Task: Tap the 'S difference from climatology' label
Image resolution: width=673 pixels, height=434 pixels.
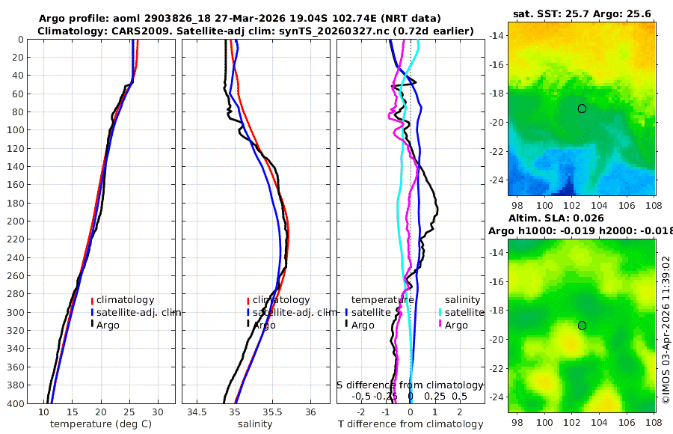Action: (x=410, y=384)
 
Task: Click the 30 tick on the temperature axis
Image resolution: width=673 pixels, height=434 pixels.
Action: (x=158, y=412)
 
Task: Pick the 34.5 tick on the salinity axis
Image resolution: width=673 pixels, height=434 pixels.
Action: (x=197, y=412)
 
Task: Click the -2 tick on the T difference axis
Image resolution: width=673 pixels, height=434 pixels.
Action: (x=361, y=412)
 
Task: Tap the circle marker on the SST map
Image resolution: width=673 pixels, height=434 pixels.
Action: (x=582, y=109)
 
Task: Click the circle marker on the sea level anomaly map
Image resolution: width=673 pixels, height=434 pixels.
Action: (x=582, y=325)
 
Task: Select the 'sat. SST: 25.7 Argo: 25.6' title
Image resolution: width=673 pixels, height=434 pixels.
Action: (x=583, y=15)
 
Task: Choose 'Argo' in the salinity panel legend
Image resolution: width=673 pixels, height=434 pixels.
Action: (x=263, y=325)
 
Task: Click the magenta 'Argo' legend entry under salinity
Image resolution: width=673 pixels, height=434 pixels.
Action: (x=456, y=325)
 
